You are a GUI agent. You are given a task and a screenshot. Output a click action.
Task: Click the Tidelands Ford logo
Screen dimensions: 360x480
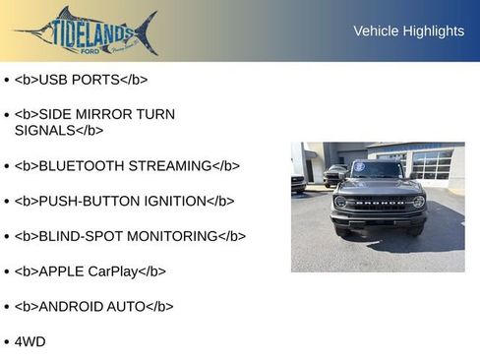[87, 30]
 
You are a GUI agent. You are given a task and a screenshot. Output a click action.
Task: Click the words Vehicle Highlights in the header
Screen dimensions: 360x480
[408, 31]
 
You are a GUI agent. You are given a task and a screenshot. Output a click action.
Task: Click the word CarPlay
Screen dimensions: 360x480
[109, 271]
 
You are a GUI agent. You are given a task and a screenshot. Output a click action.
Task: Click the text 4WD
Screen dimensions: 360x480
[30, 341]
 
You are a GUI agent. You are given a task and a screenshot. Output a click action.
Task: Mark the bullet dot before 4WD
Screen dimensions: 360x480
[7, 342]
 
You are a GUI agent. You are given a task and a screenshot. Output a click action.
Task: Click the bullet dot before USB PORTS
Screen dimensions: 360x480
[7, 80]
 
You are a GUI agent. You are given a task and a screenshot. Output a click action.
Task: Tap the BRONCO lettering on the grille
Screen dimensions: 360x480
[379, 204]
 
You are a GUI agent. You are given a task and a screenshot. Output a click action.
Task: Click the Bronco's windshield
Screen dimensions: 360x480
[379, 170]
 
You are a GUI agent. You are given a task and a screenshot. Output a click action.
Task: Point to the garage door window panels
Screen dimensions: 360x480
[432, 164]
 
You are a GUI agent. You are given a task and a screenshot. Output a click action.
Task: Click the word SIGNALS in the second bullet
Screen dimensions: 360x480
[44, 130]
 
